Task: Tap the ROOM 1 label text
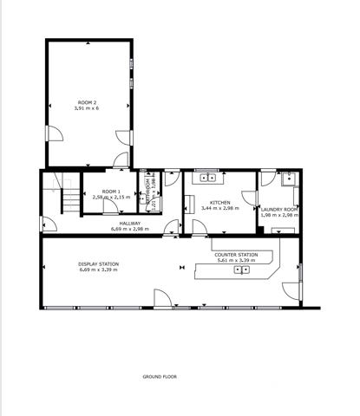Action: (111, 191)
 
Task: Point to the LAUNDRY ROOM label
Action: (279, 209)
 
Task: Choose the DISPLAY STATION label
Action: (97, 263)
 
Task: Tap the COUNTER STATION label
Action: (236, 255)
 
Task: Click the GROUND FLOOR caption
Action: (160, 377)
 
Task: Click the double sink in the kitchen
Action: (208, 178)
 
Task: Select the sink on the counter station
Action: (244, 270)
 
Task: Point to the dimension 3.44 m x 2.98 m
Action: (219, 209)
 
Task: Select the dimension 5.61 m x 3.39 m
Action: (235, 261)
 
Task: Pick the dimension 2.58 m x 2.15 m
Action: (111, 198)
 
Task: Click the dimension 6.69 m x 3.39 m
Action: (97, 270)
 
